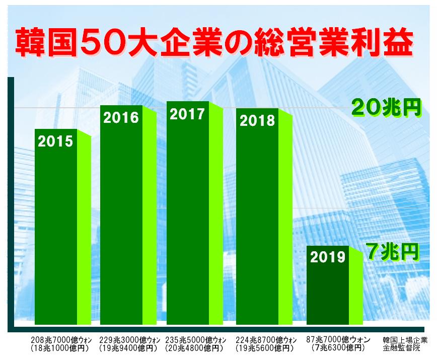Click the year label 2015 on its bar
click(55, 141)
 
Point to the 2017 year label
click(187, 114)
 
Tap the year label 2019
click(328, 257)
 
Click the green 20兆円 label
click(386, 107)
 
